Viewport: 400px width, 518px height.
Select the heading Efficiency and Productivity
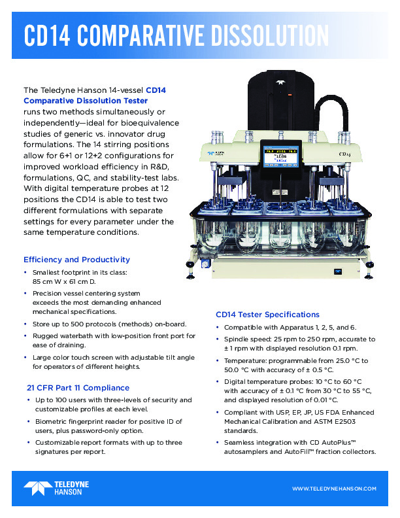click(x=76, y=260)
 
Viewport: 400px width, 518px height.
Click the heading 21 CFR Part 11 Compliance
click(x=78, y=388)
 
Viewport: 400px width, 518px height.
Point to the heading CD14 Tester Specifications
click(x=267, y=315)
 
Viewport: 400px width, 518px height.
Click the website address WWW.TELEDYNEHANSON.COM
click(x=334, y=489)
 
